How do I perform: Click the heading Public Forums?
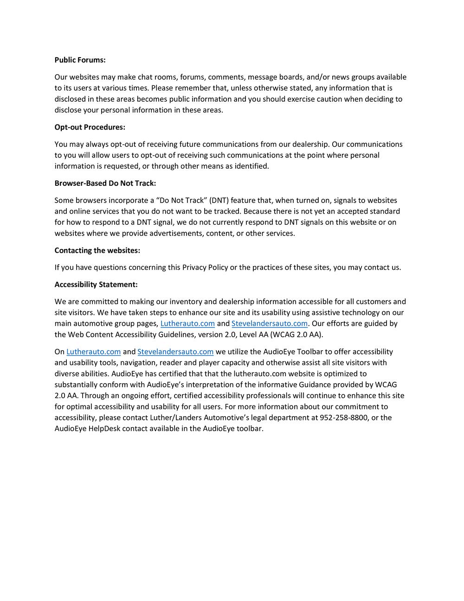[80, 60]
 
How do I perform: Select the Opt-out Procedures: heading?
[90, 127]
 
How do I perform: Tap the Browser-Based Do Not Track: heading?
[105, 183]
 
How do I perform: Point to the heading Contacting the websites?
[97, 250]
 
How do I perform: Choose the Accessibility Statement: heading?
[96, 285]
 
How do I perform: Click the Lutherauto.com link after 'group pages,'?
[187, 324]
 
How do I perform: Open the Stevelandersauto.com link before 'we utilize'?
[175, 352]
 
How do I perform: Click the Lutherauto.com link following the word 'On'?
[93, 352]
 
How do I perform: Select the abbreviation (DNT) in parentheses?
[219, 201]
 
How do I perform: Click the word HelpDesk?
[104, 429]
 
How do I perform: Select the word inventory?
[186, 302]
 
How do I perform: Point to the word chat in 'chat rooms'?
[128, 77]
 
